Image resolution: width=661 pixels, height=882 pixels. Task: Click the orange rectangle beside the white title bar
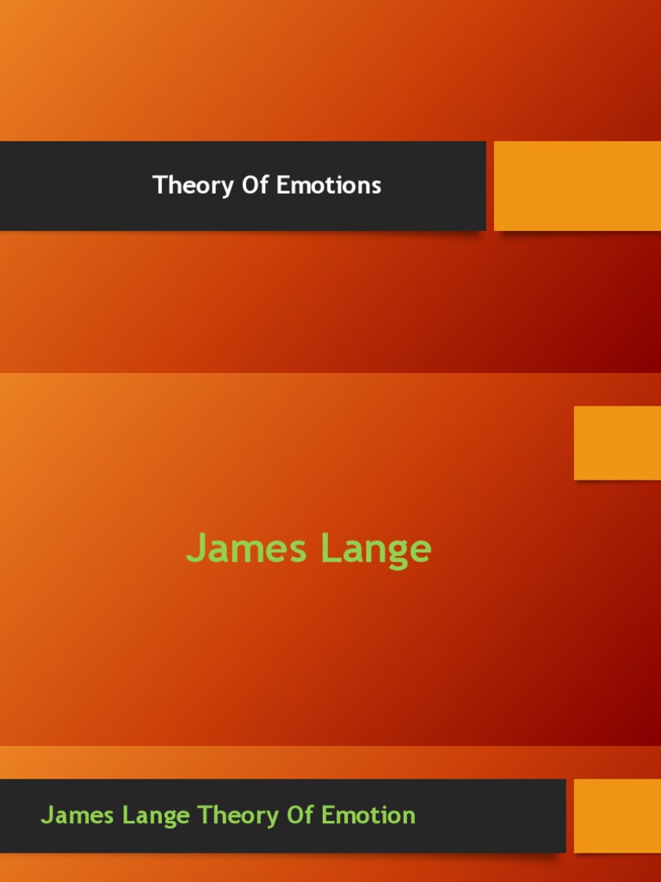pyautogui.click(x=578, y=186)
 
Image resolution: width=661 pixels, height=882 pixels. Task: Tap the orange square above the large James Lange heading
pyautogui.click(x=617, y=443)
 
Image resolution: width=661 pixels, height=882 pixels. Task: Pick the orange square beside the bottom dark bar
pyautogui.click(x=617, y=816)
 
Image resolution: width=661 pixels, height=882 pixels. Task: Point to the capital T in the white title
pyautogui.click(x=158, y=185)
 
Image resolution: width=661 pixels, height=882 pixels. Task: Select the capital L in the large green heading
pyautogui.click(x=330, y=549)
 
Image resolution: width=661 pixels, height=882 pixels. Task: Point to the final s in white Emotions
pyautogui.click(x=376, y=187)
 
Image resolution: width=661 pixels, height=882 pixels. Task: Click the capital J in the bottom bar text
pyautogui.click(x=46, y=815)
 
